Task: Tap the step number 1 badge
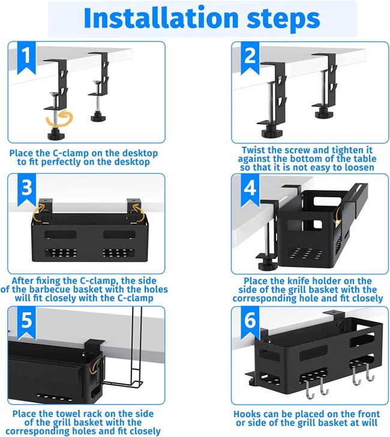(26, 57)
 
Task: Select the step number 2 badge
(250, 57)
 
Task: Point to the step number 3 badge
(26, 189)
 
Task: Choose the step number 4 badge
(250, 189)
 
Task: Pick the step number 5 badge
(26, 323)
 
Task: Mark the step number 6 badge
(250, 323)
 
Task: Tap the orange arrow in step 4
(338, 215)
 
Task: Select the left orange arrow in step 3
(39, 212)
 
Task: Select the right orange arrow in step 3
(138, 212)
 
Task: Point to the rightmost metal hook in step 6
(370, 372)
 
